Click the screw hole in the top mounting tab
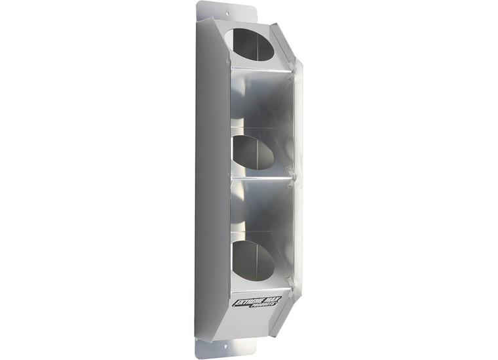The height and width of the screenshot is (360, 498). click(x=227, y=12)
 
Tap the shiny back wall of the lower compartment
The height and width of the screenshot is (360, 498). click(x=262, y=210)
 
